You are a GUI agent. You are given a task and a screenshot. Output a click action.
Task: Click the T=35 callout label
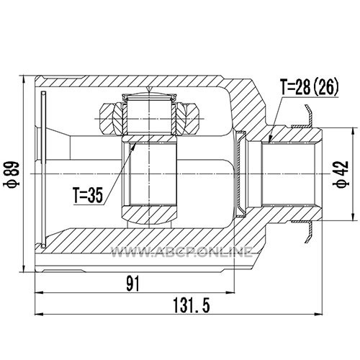[x=88, y=195]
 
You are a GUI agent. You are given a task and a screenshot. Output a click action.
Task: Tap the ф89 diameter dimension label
[x=12, y=174]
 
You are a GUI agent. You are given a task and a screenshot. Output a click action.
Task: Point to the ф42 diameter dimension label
[x=341, y=174]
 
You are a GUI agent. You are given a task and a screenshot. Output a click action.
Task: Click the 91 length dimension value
[x=133, y=284]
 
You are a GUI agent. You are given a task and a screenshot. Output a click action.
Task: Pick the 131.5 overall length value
[x=192, y=305]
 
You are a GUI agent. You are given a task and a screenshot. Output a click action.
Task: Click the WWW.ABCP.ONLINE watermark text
[x=181, y=252]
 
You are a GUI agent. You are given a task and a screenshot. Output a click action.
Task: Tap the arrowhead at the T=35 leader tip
[x=133, y=146]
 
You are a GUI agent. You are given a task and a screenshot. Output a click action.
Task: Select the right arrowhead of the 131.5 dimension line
[x=318, y=314]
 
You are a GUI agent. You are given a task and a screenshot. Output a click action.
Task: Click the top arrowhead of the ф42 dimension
[x=353, y=132]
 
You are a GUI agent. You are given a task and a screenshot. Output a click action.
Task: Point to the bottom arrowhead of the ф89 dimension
[x=23, y=268]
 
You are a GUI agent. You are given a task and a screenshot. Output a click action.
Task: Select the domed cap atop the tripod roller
[x=149, y=96]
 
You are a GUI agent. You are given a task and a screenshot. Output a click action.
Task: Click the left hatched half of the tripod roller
[x=113, y=118]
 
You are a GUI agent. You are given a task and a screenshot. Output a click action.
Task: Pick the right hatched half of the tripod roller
[x=187, y=118]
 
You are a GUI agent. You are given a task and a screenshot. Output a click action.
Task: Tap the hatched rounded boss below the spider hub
[x=149, y=215]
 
